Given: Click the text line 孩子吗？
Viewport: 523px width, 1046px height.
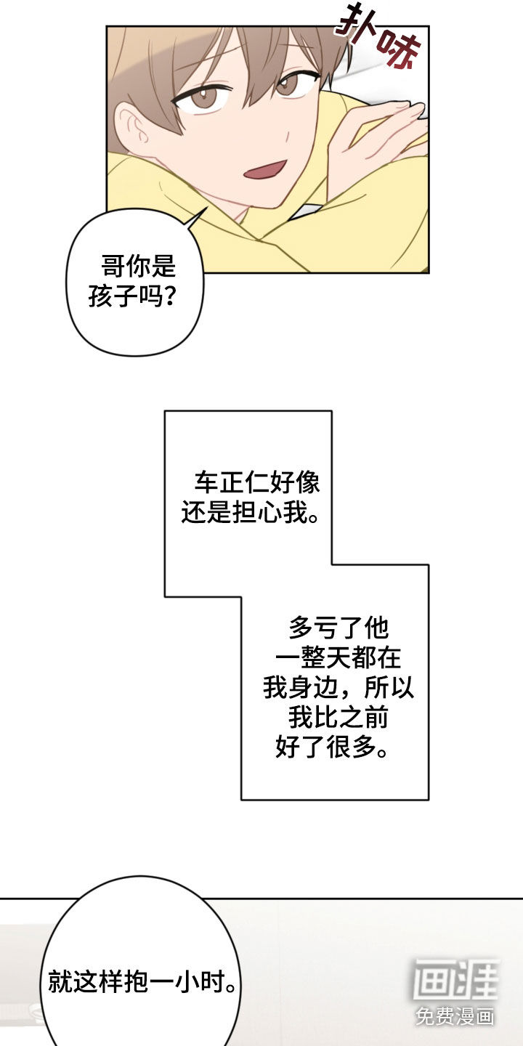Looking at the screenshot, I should [x=135, y=296].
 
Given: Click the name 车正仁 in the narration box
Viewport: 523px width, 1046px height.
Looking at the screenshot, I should [x=220, y=482].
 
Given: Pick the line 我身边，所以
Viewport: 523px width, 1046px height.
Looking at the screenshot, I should [x=338, y=687].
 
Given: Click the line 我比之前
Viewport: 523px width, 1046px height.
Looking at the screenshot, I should [x=338, y=718].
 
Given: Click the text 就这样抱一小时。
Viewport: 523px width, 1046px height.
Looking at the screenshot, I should [x=142, y=983].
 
